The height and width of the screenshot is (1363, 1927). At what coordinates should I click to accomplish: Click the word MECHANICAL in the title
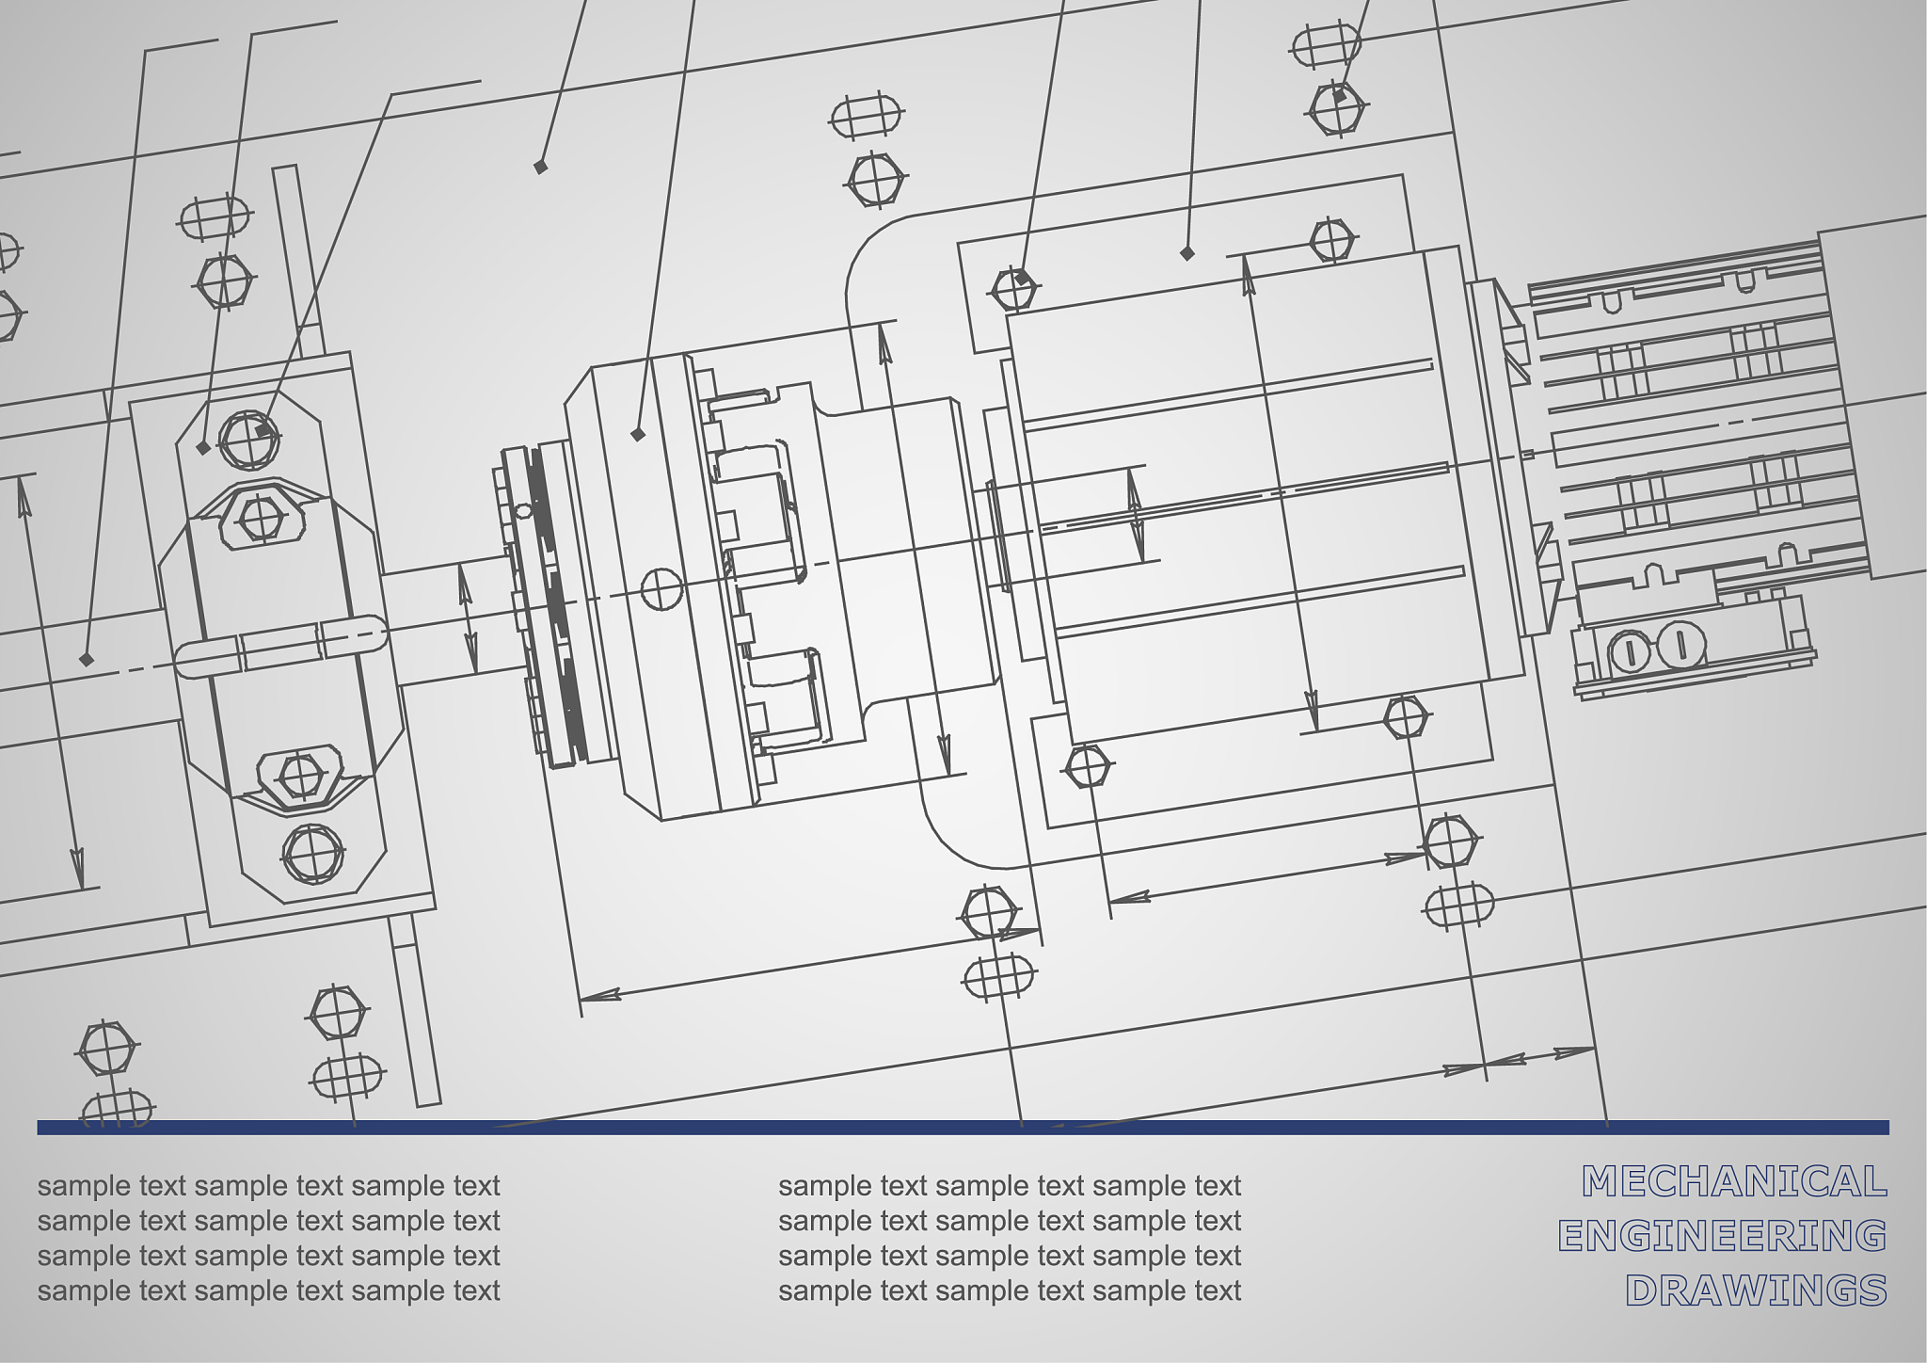pyautogui.click(x=1734, y=1181)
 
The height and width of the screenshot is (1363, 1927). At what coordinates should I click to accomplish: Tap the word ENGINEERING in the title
pyautogui.click(x=1723, y=1236)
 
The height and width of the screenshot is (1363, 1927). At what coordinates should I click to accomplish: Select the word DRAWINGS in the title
pyautogui.click(x=1756, y=1291)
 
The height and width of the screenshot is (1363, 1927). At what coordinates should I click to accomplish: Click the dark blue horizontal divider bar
pyautogui.click(x=963, y=1127)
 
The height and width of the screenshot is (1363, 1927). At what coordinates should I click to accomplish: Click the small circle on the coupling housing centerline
pyautogui.click(x=661, y=588)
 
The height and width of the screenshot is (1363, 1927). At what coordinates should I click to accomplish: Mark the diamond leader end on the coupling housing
pyautogui.click(x=638, y=434)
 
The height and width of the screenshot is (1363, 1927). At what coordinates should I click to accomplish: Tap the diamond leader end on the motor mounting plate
pyautogui.click(x=1187, y=253)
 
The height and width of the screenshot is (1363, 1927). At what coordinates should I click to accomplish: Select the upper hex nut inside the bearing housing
pyautogui.click(x=256, y=517)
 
